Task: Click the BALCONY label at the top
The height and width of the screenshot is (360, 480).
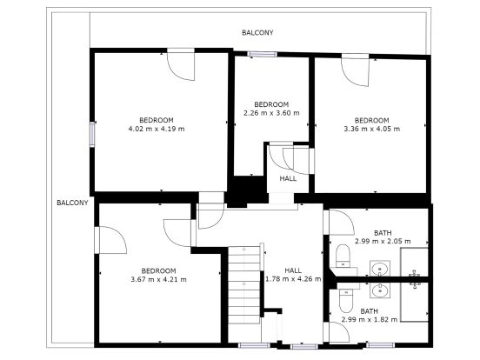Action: point(257,32)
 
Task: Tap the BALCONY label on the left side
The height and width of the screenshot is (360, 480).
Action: point(72,203)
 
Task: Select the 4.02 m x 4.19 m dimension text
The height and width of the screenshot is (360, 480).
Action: point(157,129)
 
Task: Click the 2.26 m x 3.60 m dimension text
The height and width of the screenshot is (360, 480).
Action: point(271,113)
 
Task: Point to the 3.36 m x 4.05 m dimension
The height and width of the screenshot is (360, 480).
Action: point(372,129)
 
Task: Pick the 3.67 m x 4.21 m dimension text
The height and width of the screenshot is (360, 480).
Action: point(158,279)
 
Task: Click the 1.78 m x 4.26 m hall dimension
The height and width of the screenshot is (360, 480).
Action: point(293,279)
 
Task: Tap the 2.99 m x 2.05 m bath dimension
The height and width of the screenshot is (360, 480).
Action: point(383,241)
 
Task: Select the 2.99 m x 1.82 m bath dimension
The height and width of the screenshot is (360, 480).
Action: point(370,320)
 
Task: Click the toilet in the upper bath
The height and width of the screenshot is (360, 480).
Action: point(343,256)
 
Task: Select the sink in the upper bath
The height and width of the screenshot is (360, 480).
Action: point(380,269)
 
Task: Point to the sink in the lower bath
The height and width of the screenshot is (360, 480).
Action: point(380,290)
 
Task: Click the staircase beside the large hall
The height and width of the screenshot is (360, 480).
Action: point(244,284)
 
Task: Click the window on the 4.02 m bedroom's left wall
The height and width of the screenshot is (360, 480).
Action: point(92,135)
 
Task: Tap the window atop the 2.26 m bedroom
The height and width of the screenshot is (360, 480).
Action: point(262,54)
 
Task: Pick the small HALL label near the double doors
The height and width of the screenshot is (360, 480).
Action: point(288,178)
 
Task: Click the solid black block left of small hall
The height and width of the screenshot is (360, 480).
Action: point(247,190)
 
